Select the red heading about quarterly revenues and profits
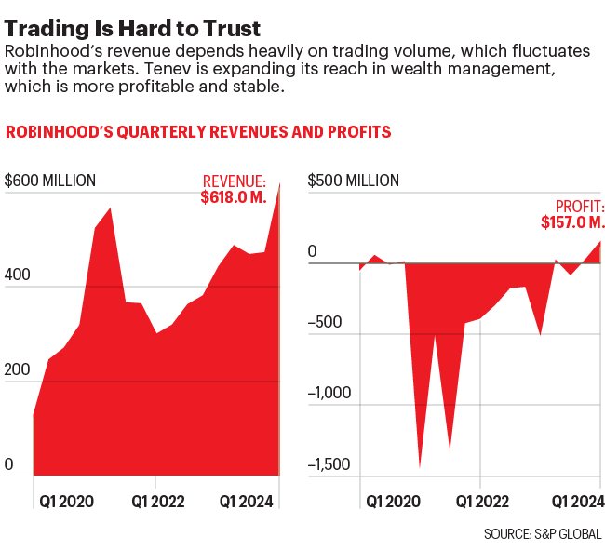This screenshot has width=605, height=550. point(198,132)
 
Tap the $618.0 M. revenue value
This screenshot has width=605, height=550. point(234,197)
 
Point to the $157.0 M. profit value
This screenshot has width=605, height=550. point(572,222)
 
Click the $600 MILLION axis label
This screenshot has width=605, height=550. point(51,181)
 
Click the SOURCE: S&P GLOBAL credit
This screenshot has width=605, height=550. point(543,534)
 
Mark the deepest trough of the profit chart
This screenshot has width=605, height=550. point(420,466)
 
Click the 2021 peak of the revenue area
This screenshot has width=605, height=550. point(111,209)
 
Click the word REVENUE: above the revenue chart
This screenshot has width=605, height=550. point(235,181)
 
